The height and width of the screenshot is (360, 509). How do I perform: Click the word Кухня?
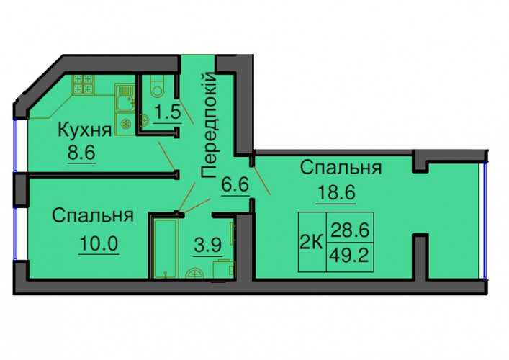tap(85, 130)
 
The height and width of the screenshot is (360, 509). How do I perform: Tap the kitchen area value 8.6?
tap(81, 152)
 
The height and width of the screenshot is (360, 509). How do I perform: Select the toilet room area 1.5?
tap(168, 112)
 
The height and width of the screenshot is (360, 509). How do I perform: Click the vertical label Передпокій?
tap(208, 125)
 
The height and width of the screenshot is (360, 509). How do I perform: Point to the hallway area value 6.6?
tap(235, 184)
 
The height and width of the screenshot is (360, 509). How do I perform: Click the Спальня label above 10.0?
tap(93, 215)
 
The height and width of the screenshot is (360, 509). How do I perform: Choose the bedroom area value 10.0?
tap(99, 243)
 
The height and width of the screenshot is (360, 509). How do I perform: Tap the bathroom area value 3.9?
tap(208, 246)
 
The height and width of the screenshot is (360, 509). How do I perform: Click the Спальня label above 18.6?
tap(341, 168)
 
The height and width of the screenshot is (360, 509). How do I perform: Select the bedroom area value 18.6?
tap(336, 193)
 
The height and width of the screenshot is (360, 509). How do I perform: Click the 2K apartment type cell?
tap(312, 243)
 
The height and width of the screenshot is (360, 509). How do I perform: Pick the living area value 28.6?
tap(350, 230)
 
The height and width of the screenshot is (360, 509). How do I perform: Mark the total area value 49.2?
tap(349, 256)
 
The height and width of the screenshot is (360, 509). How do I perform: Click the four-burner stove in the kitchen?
tap(83, 84)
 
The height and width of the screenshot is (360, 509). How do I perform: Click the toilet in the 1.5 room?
tap(158, 86)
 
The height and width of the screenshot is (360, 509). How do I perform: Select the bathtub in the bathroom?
tap(166, 248)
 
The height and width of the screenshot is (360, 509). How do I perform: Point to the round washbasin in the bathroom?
tap(194, 273)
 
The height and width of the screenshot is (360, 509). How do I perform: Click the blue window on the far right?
tap(485, 221)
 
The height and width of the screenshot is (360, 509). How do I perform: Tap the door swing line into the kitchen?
tap(167, 156)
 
